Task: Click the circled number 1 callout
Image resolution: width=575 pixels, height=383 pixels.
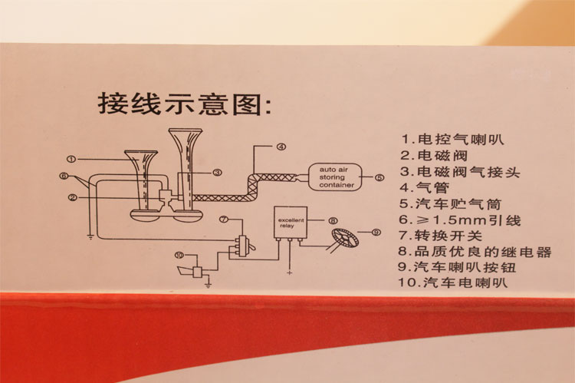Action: [70, 159]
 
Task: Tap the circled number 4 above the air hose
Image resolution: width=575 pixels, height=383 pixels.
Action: [281, 146]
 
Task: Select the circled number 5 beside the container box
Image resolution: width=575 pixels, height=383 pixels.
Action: [379, 177]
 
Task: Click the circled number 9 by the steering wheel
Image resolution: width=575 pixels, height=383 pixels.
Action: [376, 232]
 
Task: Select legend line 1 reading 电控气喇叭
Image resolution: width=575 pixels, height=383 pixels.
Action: [455, 140]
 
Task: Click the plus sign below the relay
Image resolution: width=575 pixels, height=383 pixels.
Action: [288, 270]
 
